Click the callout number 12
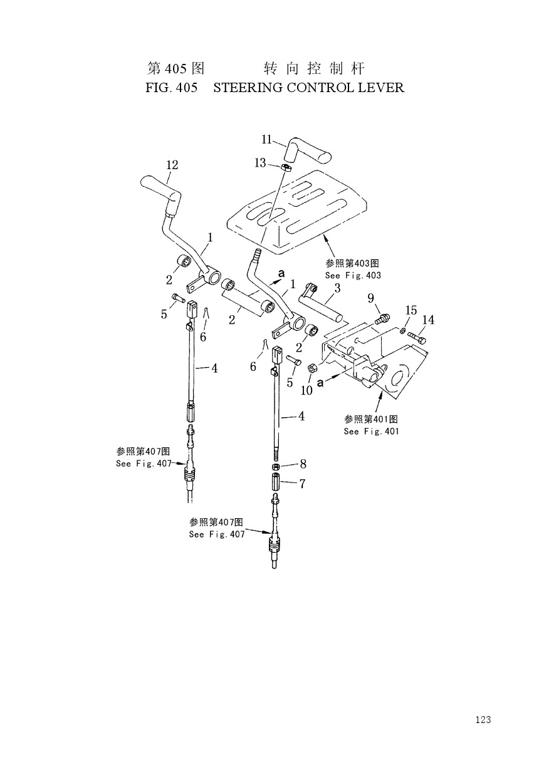(x=172, y=165)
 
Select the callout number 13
(x=260, y=163)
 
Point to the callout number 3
(x=337, y=288)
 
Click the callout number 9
(x=370, y=298)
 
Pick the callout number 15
(x=411, y=310)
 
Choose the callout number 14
(x=428, y=320)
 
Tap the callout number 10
(x=306, y=390)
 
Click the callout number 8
(x=303, y=464)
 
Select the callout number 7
(x=303, y=484)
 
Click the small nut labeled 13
(x=286, y=167)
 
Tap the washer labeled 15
(x=402, y=330)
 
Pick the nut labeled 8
(x=276, y=467)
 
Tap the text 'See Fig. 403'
(x=353, y=275)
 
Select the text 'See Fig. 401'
(x=371, y=431)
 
